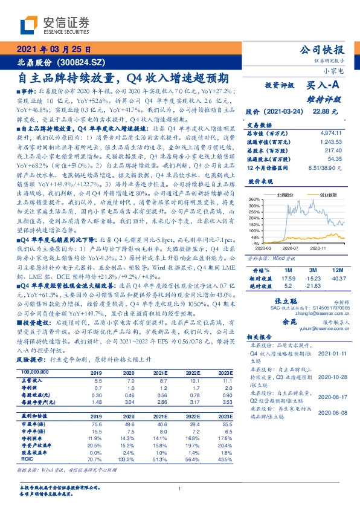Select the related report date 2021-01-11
click(x=332, y=352)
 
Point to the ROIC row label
click(x=27, y=460)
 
